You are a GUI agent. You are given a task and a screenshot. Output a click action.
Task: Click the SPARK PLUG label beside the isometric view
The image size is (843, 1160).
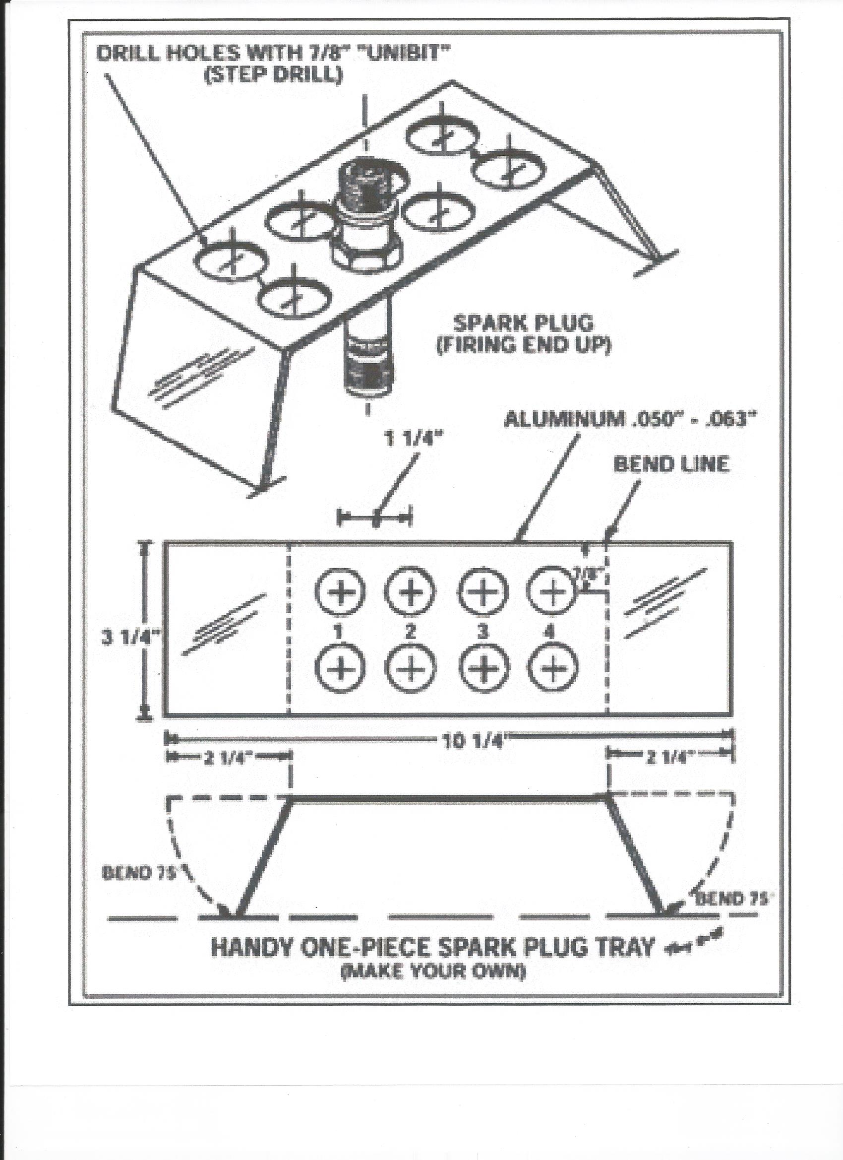point(524,323)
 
